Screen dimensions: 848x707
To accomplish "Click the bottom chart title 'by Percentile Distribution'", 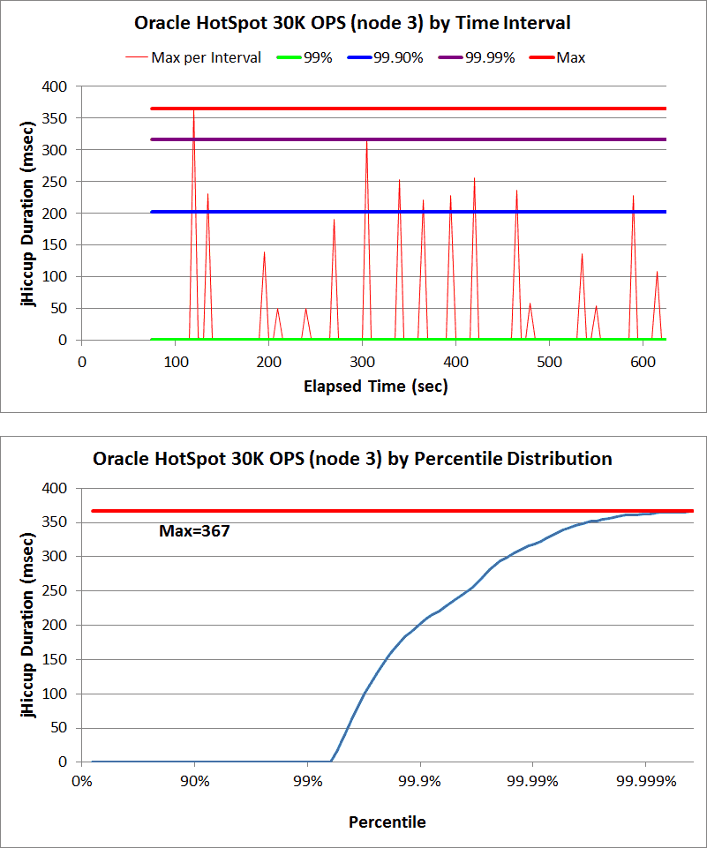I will pos(353,459).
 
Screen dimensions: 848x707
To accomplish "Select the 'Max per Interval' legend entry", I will pos(206,58).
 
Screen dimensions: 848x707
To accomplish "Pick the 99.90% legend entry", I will pos(398,58).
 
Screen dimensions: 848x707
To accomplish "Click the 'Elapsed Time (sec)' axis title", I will pos(375,386).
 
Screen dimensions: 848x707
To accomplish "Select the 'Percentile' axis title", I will pos(387,822).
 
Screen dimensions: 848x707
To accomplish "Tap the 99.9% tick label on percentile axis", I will pos(420,782).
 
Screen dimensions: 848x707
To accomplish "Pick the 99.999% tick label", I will pos(645,782).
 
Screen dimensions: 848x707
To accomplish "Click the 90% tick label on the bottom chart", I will pos(194,782).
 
